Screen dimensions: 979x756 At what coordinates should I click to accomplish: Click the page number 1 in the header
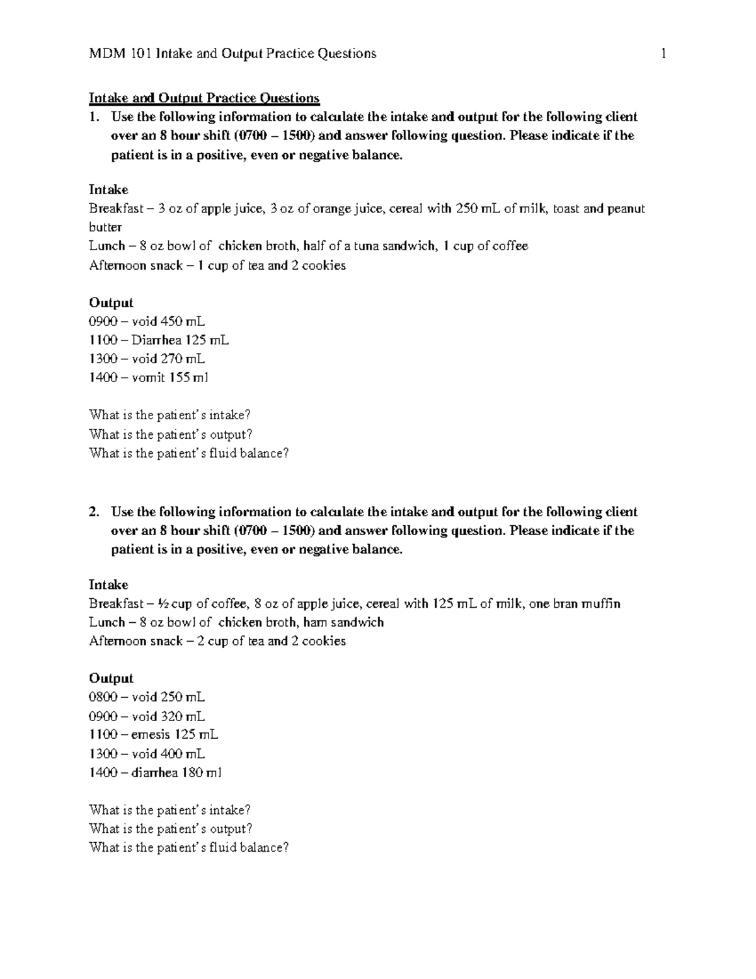point(663,54)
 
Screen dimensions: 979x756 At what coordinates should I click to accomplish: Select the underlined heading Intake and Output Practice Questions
point(204,98)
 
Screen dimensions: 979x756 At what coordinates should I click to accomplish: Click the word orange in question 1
point(330,209)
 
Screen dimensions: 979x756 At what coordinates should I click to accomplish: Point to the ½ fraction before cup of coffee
point(164,604)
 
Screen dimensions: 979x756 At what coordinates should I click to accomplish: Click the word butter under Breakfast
point(105,228)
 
